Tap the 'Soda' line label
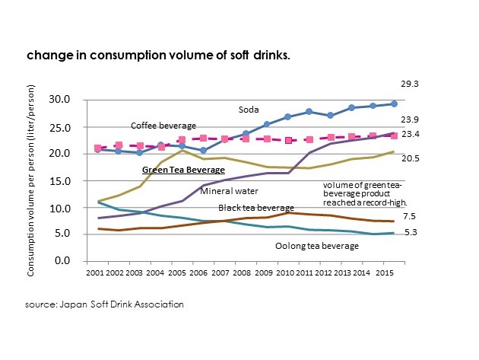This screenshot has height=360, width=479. click(249, 110)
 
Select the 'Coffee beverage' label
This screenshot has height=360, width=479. click(163, 125)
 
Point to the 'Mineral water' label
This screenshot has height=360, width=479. click(227, 190)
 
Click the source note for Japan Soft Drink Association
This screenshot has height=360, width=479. click(104, 304)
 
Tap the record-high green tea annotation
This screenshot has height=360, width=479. click(366, 193)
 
